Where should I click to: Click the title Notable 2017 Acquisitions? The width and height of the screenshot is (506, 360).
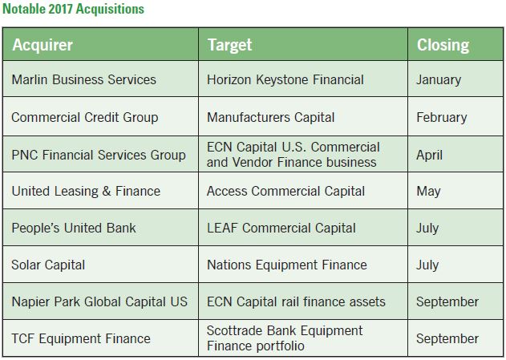pos(73,9)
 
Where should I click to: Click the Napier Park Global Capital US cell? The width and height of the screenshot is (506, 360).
pos(99,301)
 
